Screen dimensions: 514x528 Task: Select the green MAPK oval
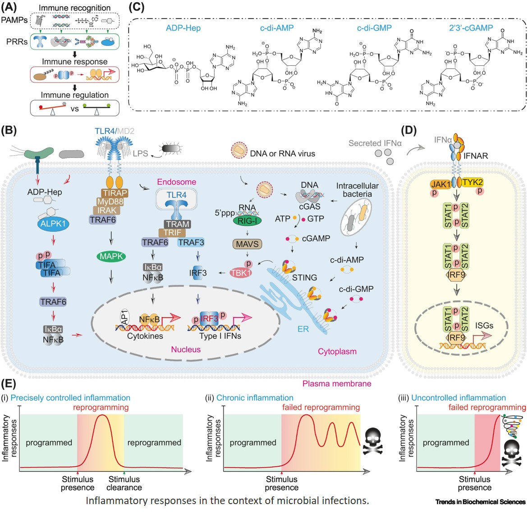click(111, 257)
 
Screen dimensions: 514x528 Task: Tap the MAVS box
click(248, 244)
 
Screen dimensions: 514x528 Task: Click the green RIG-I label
click(247, 220)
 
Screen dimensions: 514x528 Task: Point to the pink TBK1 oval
click(241, 273)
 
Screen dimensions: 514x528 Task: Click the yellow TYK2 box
click(473, 182)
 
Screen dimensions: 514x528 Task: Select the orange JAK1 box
click(441, 184)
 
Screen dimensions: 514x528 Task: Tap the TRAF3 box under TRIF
click(191, 242)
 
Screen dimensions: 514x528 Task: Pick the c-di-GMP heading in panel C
click(374, 28)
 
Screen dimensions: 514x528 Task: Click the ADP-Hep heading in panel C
click(183, 28)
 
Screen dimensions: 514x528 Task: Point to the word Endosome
click(176, 182)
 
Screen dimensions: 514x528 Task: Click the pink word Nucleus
click(186, 349)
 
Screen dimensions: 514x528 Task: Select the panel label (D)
click(409, 131)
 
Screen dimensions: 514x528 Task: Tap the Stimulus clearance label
click(124, 483)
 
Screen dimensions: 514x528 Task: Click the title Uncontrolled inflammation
click(459, 398)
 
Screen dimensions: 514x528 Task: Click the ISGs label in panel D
click(484, 325)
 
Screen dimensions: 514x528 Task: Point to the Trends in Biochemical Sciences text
click(480, 502)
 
